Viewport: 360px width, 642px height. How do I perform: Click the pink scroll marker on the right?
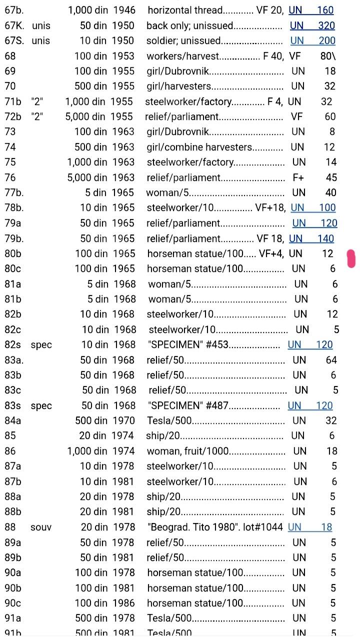[351, 258]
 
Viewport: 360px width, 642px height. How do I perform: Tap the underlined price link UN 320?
[312, 25]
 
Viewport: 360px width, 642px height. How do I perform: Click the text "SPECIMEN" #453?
[187, 344]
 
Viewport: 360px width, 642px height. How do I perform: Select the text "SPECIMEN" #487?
[187, 405]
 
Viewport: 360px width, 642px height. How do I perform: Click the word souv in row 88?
[41, 527]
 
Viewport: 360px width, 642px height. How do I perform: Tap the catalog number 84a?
[13, 420]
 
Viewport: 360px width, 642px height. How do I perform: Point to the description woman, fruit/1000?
[188, 451]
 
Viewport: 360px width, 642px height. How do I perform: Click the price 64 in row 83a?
[331, 360]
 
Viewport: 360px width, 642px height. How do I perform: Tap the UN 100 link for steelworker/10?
[313, 207]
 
